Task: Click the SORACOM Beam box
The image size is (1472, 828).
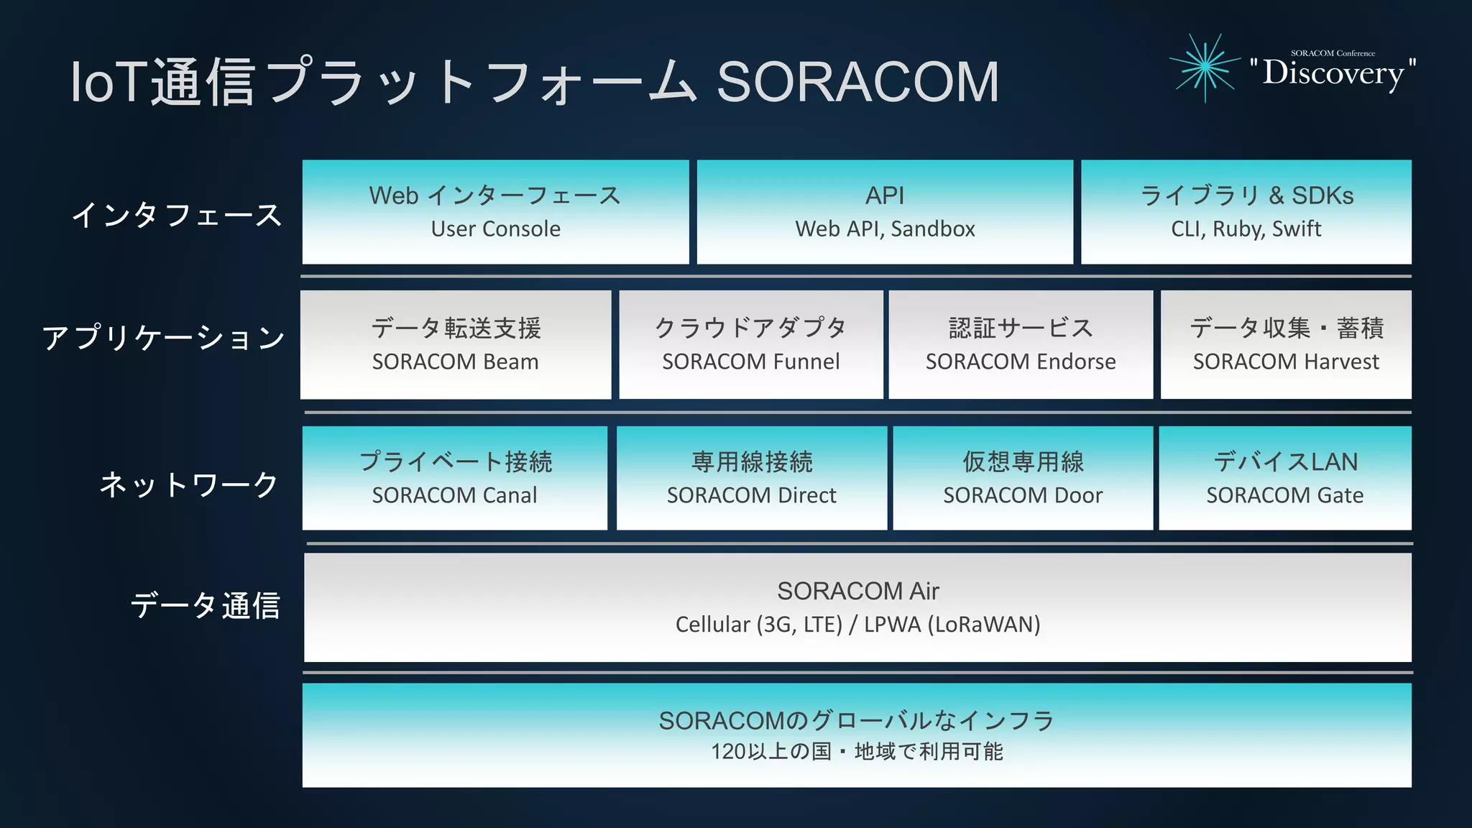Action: click(456, 345)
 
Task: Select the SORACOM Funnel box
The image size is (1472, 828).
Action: click(751, 345)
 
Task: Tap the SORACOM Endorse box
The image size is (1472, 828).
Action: click(1021, 345)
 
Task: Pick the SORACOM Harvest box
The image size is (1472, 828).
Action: click(1286, 345)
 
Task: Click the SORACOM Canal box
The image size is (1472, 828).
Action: click(455, 479)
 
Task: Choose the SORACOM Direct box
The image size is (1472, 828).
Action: click(752, 479)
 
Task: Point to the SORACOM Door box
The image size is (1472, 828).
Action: click(1023, 479)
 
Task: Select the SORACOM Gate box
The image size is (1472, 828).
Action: click(1285, 479)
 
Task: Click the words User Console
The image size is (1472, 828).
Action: click(496, 229)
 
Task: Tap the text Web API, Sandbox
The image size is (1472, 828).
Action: click(885, 229)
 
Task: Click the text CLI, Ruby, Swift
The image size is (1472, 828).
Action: click(1246, 229)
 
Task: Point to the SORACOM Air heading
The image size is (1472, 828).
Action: click(857, 591)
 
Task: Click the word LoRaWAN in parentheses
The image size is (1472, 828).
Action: click(984, 625)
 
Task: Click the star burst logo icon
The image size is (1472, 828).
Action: click(1205, 67)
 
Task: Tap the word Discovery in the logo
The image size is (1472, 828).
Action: click(1333, 73)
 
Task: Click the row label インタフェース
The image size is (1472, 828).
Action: click(176, 215)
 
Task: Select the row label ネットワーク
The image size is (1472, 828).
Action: click(188, 484)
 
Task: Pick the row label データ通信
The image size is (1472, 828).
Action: click(205, 605)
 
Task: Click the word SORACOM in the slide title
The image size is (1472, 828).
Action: click(857, 82)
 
